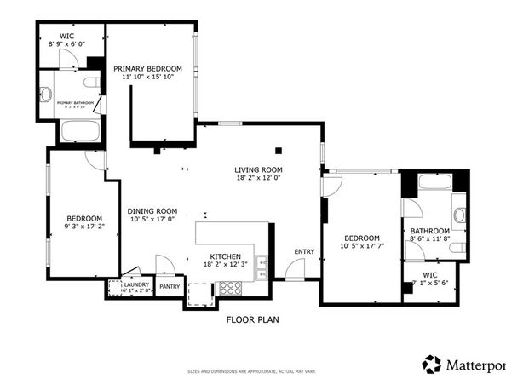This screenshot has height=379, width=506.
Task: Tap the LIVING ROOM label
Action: pos(258,169)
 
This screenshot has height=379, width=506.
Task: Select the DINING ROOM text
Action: pos(152,211)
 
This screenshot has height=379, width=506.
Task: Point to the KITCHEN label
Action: pos(227,256)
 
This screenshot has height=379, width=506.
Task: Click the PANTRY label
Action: pos(170,286)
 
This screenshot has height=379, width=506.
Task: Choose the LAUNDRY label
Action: pos(137,284)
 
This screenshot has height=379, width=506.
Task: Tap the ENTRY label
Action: pos(304,251)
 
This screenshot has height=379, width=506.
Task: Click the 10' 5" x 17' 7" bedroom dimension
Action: pos(362,247)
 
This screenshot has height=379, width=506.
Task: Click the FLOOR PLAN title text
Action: pos(253,320)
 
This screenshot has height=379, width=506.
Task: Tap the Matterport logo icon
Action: pos(433,363)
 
